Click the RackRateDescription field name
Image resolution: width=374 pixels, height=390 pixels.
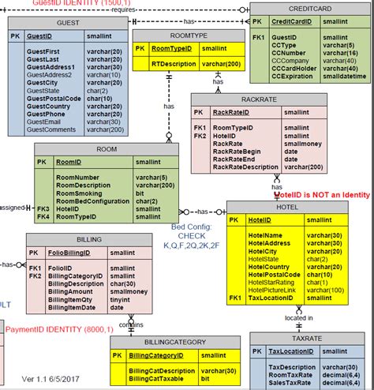245,167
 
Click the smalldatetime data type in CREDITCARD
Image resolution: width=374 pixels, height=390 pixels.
344,76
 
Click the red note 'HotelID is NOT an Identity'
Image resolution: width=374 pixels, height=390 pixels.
322,194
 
